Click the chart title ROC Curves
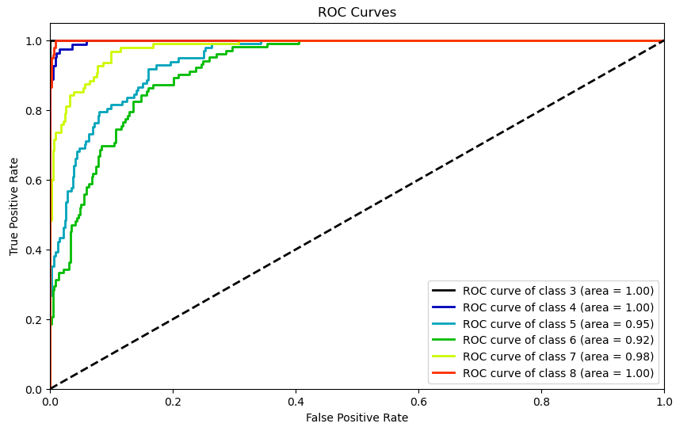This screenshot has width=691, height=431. click(x=357, y=13)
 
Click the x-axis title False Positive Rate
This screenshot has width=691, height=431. click(x=357, y=418)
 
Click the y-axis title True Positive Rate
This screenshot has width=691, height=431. click(x=14, y=206)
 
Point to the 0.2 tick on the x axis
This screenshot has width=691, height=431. click(x=173, y=402)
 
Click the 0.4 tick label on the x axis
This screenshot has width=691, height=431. click(x=296, y=402)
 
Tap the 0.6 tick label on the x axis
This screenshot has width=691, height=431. click(x=418, y=402)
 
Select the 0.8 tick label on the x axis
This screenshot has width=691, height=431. click(x=541, y=402)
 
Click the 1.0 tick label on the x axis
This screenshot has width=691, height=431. click(x=664, y=402)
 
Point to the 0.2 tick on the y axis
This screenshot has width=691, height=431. click(x=34, y=320)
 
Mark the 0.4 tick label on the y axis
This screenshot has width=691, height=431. click(x=34, y=250)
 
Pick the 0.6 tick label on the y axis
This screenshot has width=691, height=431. click(x=34, y=181)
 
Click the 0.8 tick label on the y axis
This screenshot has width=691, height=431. click(x=34, y=111)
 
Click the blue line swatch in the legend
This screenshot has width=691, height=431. click(x=445, y=307)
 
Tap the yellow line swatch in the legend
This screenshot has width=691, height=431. click(x=445, y=357)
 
